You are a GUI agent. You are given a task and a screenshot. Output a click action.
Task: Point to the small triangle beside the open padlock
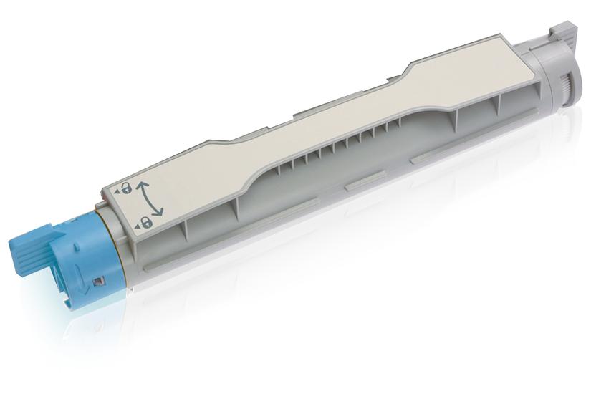[115, 192]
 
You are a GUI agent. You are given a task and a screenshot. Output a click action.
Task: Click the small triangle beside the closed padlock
[135, 226]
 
